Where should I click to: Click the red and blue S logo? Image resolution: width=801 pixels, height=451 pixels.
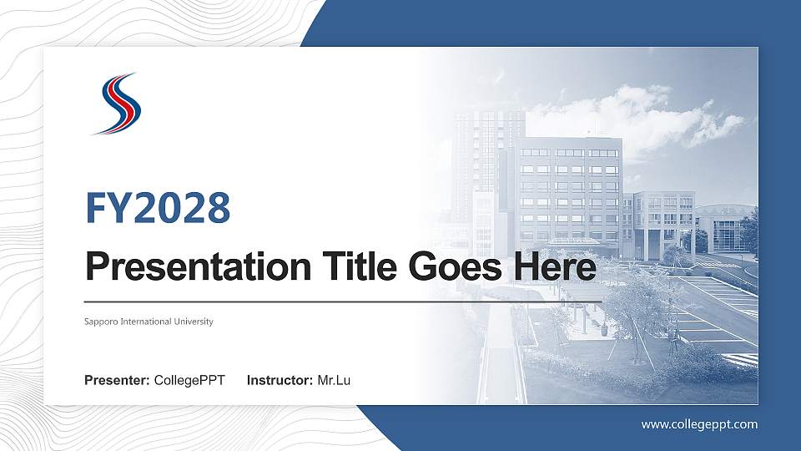click(117, 103)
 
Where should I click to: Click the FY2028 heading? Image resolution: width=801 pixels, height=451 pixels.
click(158, 208)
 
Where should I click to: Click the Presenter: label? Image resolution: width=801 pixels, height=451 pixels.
click(117, 381)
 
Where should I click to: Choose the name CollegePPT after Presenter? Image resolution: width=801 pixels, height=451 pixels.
click(189, 381)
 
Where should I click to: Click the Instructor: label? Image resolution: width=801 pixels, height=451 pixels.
click(280, 381)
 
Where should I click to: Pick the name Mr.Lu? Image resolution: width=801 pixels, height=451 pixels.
click(334, 381)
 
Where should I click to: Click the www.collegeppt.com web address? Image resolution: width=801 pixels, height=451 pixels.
click(699, 424)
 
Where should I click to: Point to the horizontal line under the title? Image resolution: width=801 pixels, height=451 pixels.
click(342, 301)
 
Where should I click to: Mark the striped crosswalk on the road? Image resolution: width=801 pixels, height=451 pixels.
click(739, 360)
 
